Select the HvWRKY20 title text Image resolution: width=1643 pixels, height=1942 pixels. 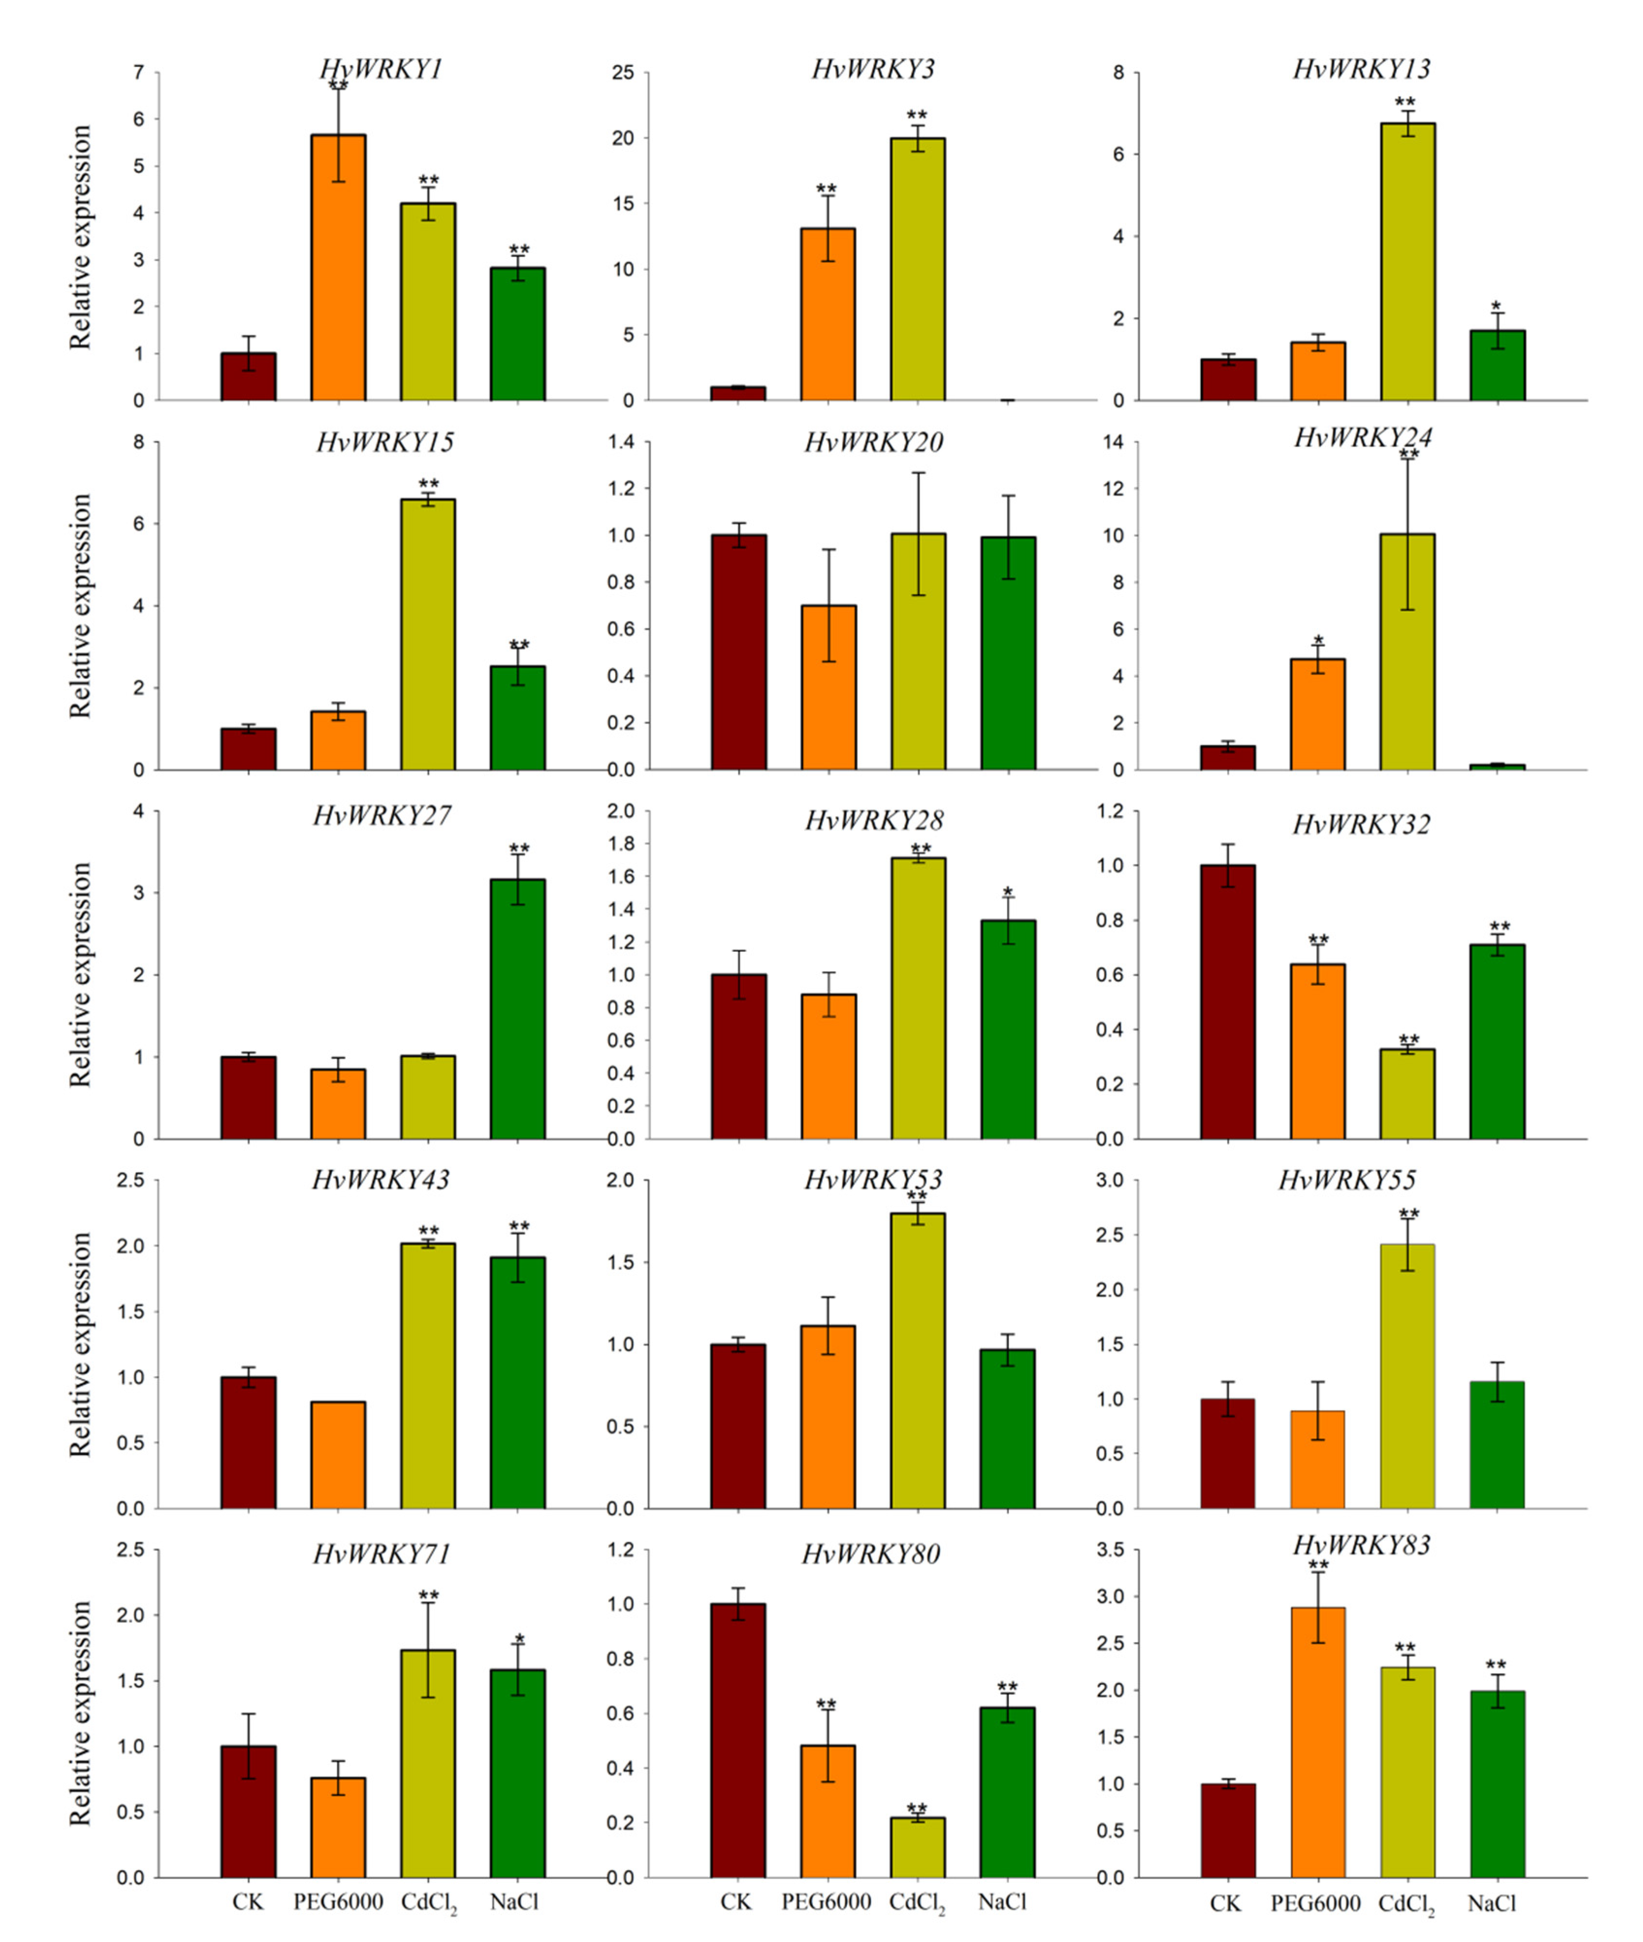(874, 441)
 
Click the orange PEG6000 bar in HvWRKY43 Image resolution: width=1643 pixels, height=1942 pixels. (338, 1455)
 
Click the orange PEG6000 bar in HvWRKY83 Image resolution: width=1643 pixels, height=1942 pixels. (1318, 1742)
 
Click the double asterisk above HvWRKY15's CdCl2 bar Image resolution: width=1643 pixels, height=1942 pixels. (429, 484)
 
